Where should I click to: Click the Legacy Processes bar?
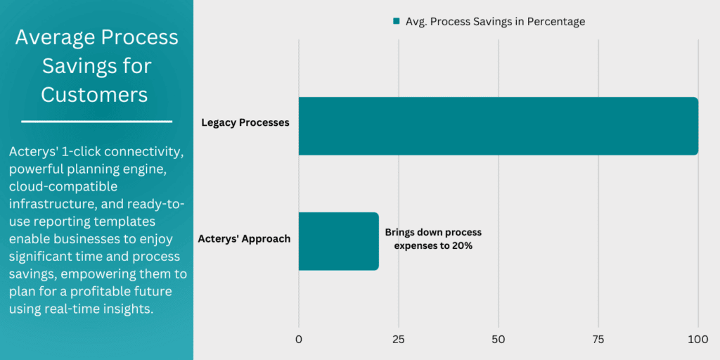pos(498,126)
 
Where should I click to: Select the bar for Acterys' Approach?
pos(338,241)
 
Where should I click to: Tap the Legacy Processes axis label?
pos(245,123)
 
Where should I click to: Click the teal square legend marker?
pos(396,22)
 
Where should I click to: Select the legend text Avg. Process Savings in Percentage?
pos(495,22)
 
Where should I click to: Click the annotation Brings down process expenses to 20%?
pos(433,239)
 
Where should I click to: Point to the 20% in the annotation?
pos(461,246)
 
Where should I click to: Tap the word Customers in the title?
pos(94,94)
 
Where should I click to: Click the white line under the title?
pos(96,122)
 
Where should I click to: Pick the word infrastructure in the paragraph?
pos(51,204)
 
